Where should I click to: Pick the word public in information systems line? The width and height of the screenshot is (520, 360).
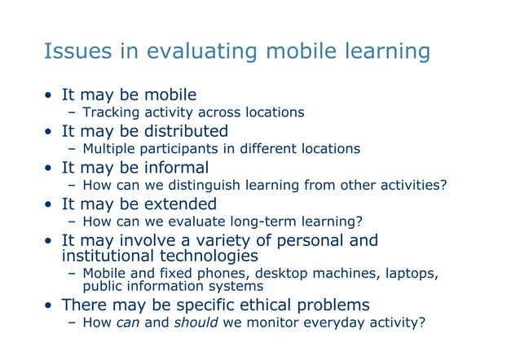tap(103, 287)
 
